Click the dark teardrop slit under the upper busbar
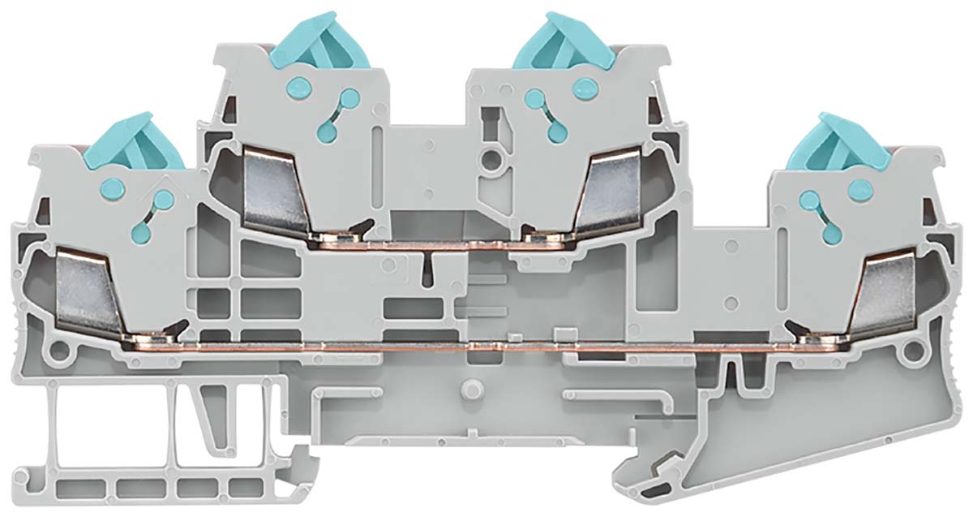pos(428,268)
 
